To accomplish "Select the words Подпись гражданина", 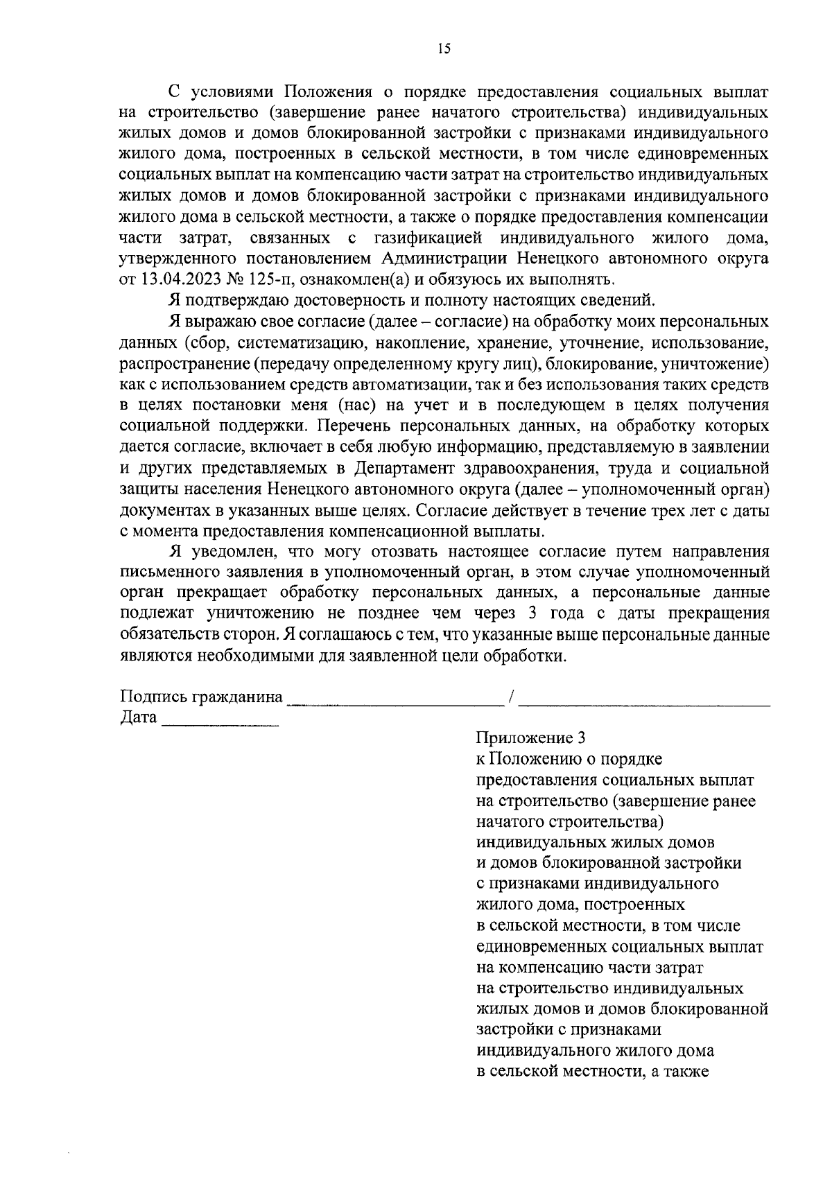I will point(201,697).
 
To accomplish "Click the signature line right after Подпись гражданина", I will point(395,701).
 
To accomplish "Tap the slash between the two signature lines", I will point(511,697).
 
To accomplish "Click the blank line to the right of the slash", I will point(645,701).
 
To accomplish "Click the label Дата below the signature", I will point(138,717).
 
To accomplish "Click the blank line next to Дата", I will point(220,722).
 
